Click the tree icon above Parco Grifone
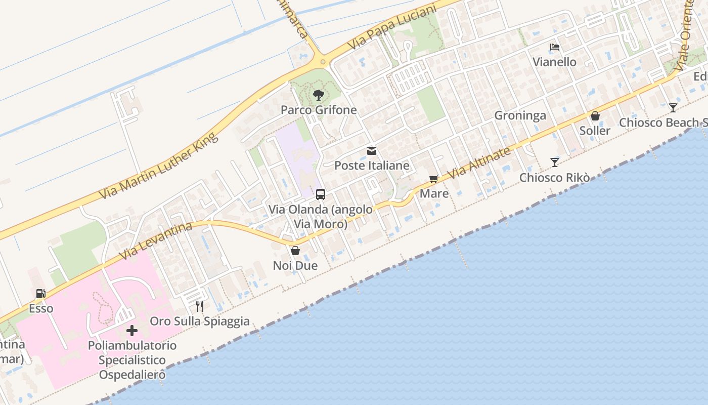[x=318, y=95]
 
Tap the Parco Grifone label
[x=319, y=110]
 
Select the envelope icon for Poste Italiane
[x=372, y=151]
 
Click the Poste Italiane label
[x=372, y=166]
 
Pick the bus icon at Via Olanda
[x=321, y=194]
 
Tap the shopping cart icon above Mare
[x=433, y=179]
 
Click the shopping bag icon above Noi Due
[x=295, y=251]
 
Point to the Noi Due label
[x=295, y=265]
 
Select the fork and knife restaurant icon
[x=200, y=306]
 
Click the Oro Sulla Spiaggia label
[x=200, y=321]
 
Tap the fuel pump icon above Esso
[x=40, y=294]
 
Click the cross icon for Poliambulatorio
[x=132, y=331]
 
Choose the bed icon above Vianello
[x=555, y=47]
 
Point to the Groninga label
[x=520, y=115]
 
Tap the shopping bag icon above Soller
[x=595, y=116]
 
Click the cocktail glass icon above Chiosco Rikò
[x=555, y=163]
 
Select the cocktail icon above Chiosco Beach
[x=673, y=107]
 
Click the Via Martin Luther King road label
[x=159, y=166]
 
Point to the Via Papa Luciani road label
[x=392, y=28]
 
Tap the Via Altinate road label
[x=479, y=163]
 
